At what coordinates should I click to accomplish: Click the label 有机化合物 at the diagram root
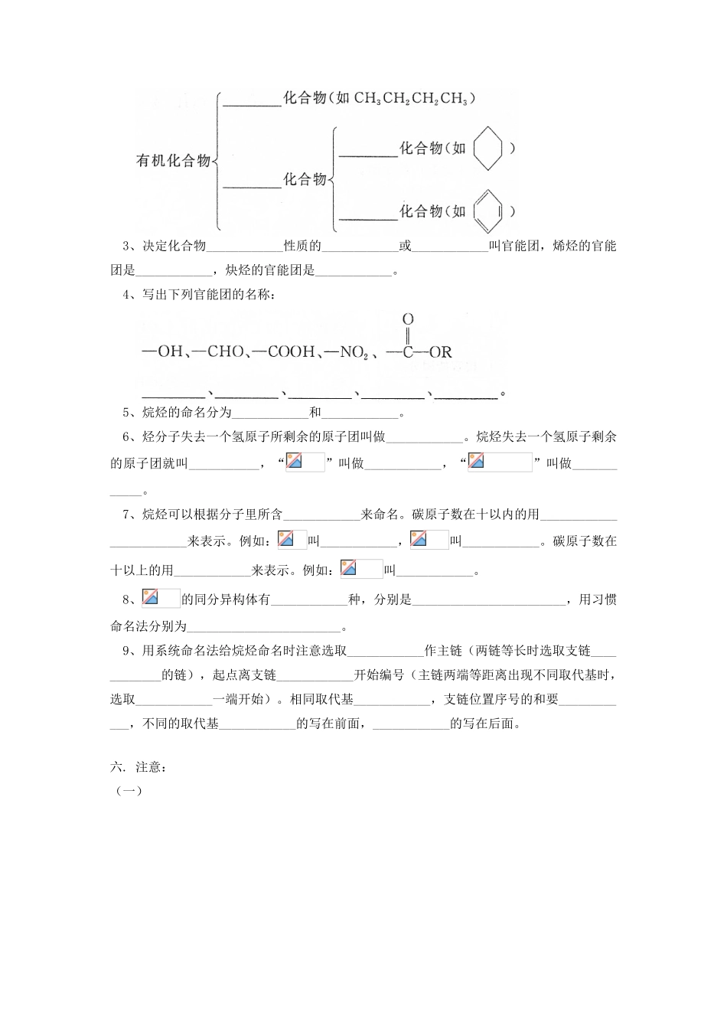(x=173, y=161)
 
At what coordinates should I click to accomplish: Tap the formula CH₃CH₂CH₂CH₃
(x=411, y=99)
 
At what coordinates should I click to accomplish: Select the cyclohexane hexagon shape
(x=487, y=149)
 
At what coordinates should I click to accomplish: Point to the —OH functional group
(x=162, y=352)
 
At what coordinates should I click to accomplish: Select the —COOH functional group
(x=283, y=352)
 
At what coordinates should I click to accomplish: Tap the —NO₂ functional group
(x=347, y=353)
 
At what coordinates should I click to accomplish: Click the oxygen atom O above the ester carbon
(x=408, y=318)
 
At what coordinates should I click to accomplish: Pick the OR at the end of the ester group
(x=441, y=353)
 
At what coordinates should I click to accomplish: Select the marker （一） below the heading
(x=128, y=792)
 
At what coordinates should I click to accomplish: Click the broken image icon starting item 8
(x=151, y=598)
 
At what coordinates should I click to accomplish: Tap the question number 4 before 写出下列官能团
(x=126, y=295)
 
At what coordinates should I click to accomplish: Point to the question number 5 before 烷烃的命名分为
(x=126, y=413)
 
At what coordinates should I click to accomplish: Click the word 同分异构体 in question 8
(x=226, y=599)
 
